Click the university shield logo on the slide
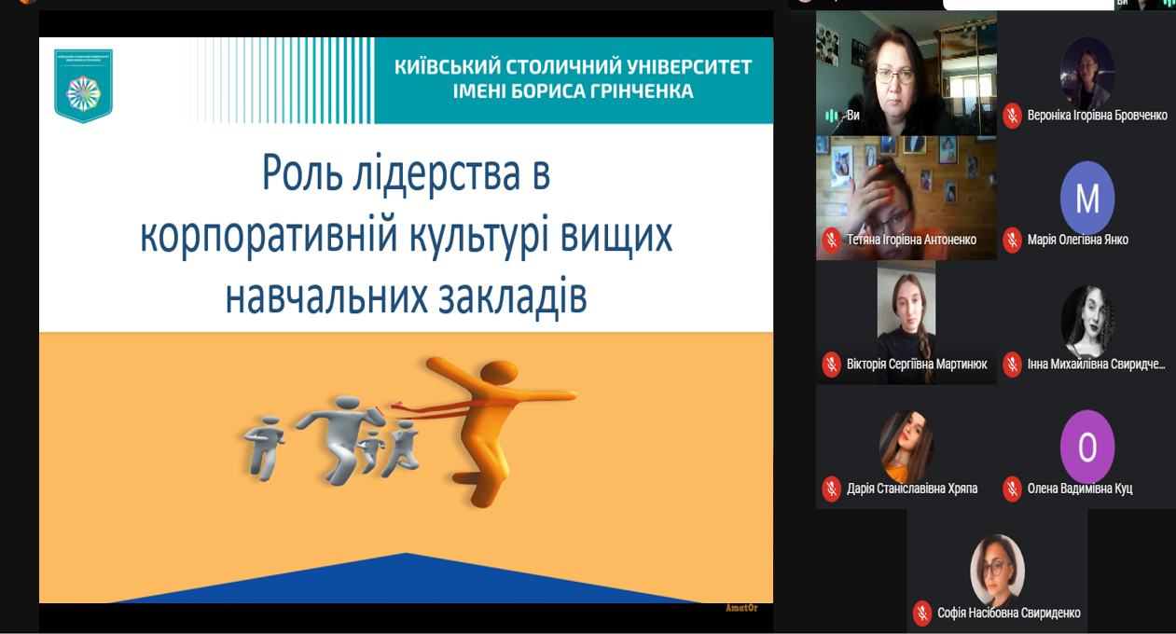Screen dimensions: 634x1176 [x=83, y=86]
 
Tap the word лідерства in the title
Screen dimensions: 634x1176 [x=451, y=173]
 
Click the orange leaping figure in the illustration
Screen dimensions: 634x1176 [x=485, y=420]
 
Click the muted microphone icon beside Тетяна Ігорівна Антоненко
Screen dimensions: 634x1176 [x=831, y=240]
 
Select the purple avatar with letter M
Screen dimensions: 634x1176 [x=1087, y=198]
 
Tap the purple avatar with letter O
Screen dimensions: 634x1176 [x=1087, y=447]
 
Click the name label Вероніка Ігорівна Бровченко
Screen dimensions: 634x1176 [x=1097, y=116]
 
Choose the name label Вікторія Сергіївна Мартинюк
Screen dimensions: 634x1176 [x=916, y=364]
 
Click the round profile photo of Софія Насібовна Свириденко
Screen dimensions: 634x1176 [x=997, y=571]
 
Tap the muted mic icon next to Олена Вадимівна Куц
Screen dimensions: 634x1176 [x=1012, y=489]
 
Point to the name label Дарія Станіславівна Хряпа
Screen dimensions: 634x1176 [x=911, y=489]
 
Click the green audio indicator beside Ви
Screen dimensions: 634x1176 [x=831, y=116]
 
